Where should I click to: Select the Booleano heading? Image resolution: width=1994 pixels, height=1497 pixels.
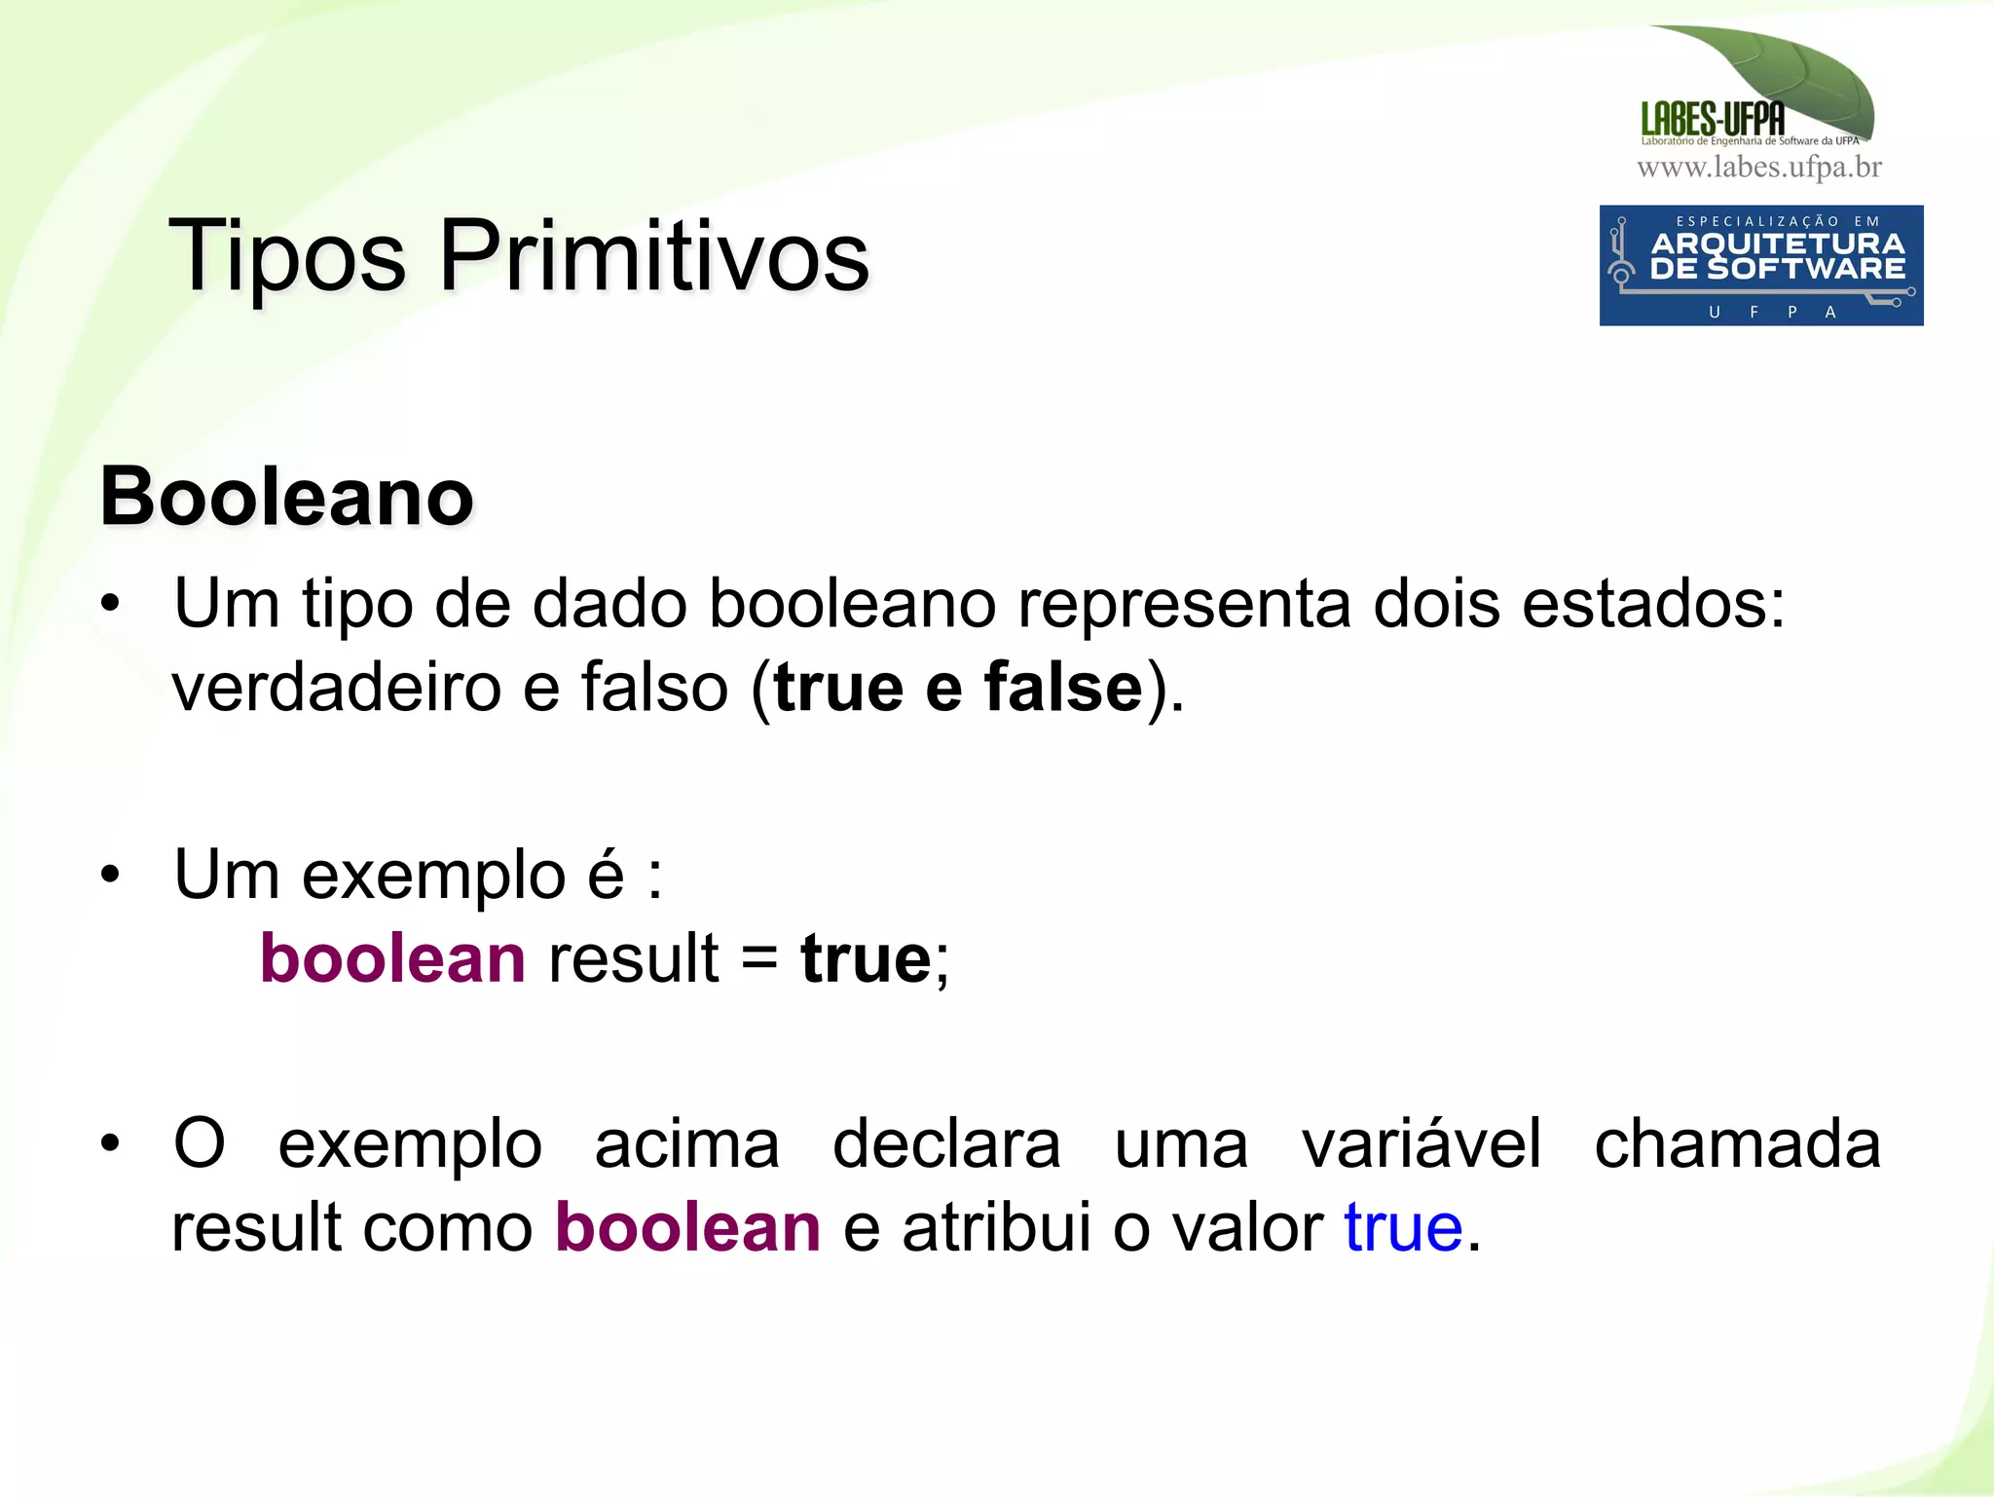(x=287, y=497)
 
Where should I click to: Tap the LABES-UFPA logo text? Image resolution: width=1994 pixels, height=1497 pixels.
(x=1713, y=120)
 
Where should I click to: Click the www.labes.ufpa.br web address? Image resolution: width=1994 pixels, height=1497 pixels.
(x=1759, y=168)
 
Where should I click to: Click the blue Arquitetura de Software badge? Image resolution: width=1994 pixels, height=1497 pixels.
(x=1760, y=265)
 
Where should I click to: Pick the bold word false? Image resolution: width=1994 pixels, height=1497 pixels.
(x=1063, y=688)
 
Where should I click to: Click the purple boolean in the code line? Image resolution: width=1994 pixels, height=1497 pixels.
(x=392, y=958)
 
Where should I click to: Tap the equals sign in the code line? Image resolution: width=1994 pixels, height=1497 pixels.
(x=759, y=958)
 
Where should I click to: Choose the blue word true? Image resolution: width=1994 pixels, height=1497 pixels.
(x=1403, y=1227)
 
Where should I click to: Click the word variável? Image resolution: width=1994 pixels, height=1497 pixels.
(x=1422, y=1144)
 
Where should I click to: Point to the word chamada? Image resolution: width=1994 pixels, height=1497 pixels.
(x=1737, y=1144)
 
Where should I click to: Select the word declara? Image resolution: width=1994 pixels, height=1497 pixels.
(x=946, y=1144)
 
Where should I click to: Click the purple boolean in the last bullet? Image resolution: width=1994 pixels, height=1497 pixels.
(x=687, y=1227)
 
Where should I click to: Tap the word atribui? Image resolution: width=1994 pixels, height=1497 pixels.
(x=996, y=1227)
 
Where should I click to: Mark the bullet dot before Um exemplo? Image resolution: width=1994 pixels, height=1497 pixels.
(x=110, y=875)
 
